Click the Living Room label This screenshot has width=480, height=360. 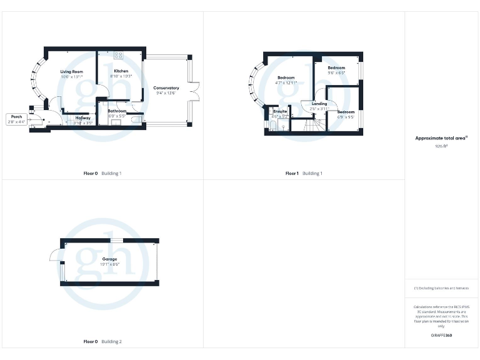[x=72, y=72]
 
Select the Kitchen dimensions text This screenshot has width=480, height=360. [x=121, y=76]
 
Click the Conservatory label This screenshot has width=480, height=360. [x=166, y=88]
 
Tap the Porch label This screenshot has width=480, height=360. [x=17, y=116]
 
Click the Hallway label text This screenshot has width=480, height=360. [x=83, y=117]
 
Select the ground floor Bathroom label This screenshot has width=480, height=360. [x=117, y=111]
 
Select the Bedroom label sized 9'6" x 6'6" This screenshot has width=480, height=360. [x=336, y=67]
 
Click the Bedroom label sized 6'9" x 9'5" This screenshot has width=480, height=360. [x=346, y=112]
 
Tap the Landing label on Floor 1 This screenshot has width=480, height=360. [x=319, y=104]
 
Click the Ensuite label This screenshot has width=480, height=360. [x=279, y=111]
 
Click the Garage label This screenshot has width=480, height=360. [x=110, y=259]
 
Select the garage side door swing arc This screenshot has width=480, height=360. [x=55, y=254]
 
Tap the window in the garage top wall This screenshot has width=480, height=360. [x=116, y=241]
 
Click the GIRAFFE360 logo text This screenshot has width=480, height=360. [x=441, y=336]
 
